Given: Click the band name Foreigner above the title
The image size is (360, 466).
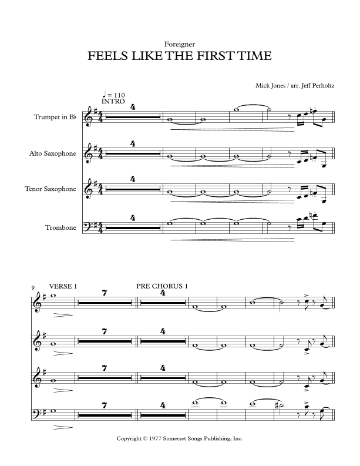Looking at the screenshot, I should [x=180, y=44].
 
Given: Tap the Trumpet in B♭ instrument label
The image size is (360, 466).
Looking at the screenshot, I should [x=56, y=118].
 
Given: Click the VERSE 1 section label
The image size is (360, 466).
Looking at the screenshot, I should [x=64, y=286].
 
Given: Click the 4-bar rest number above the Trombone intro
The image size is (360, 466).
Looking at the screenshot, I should [x=133, y=217].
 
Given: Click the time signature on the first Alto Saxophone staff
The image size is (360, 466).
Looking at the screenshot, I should [x=100, y=154].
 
